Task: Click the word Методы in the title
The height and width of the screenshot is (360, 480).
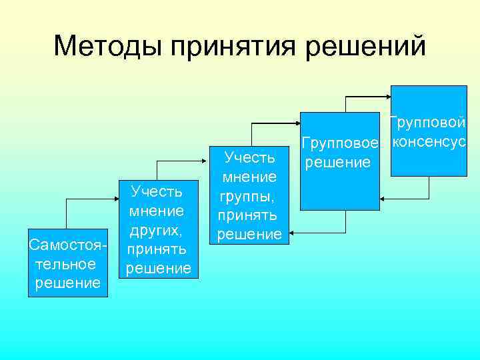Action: coord(107,46)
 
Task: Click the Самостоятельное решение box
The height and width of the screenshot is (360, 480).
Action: coord(67,263)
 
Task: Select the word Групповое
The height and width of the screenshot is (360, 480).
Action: coord(340,143)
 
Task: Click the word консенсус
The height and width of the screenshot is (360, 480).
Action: coord(429,142)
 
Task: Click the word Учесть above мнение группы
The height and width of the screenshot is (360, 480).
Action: coord(249,158)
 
